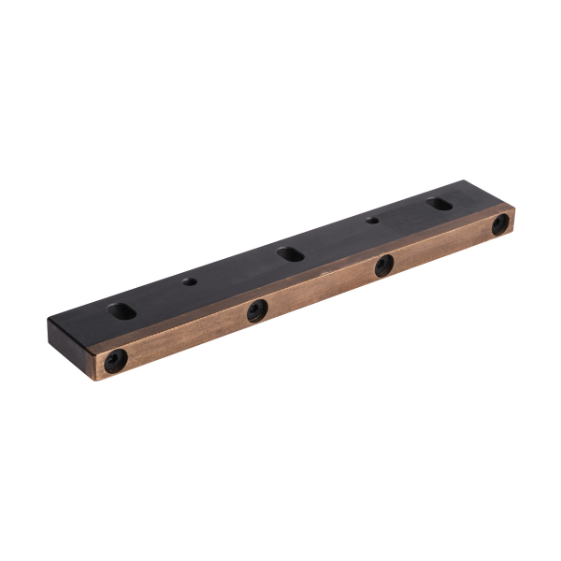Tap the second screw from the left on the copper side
pos(257,311)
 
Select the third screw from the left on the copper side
pos(383,266)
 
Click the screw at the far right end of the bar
pos(501,223)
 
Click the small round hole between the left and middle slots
pos(190,280)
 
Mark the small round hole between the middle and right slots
pos(372,221)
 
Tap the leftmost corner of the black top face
pos(49,320)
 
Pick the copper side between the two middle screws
pos(321,289)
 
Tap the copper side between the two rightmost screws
pos(442,245)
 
